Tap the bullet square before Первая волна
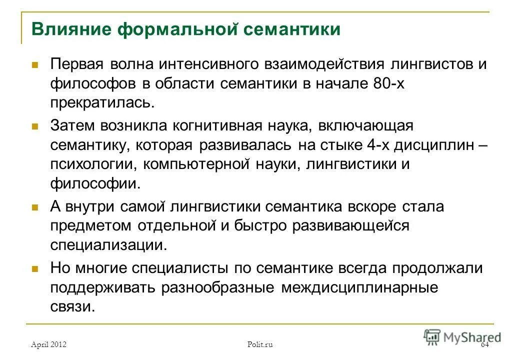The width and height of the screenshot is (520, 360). click(35, 65)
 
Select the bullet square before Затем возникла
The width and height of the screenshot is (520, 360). click(35, 125)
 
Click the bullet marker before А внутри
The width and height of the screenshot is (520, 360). click(35, 206)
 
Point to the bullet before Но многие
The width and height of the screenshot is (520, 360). click(35, 268)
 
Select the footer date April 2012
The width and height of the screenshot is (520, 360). click(48, 344)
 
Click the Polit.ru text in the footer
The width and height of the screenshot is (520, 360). click(260, 344)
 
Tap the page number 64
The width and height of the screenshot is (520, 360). click(484, 344)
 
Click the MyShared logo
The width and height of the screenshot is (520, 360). click(462, 336)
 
